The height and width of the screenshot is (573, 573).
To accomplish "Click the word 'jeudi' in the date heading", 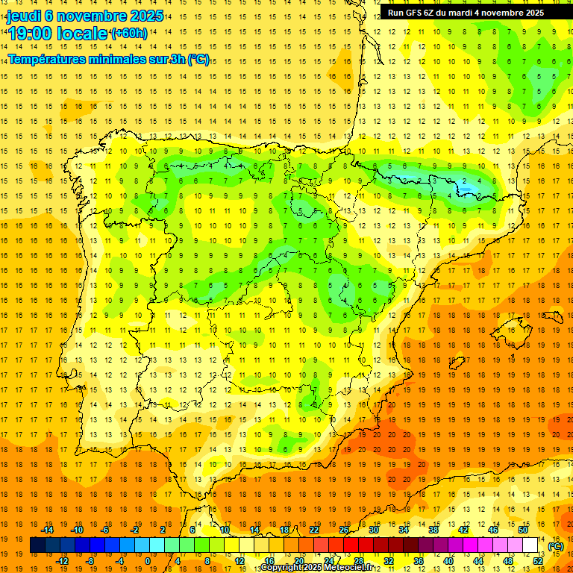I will (x=25, y=16).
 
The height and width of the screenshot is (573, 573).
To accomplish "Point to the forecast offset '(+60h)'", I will (x=129, y=34).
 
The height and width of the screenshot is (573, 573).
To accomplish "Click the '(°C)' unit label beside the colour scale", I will (x=555, y=546).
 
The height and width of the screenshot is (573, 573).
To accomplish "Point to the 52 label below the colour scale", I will (x=537, y=561).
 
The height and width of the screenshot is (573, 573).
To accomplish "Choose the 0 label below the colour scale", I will (x=148, y=561).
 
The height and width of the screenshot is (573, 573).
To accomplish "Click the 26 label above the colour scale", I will (x=344, y=530).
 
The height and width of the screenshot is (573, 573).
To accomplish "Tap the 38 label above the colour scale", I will (x=433, y=530).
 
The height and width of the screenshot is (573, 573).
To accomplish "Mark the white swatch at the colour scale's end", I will (x=530, y=545).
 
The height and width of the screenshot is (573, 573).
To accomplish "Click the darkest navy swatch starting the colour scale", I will (x=37, y=545).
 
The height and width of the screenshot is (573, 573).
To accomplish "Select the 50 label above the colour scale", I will (x=522, y=530).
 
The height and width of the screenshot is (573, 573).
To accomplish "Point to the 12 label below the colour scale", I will (x=239, y=561).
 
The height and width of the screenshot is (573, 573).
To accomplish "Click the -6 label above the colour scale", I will (x=105, y=530).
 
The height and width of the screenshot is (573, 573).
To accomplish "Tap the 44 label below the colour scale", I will (x=477, y=561).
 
